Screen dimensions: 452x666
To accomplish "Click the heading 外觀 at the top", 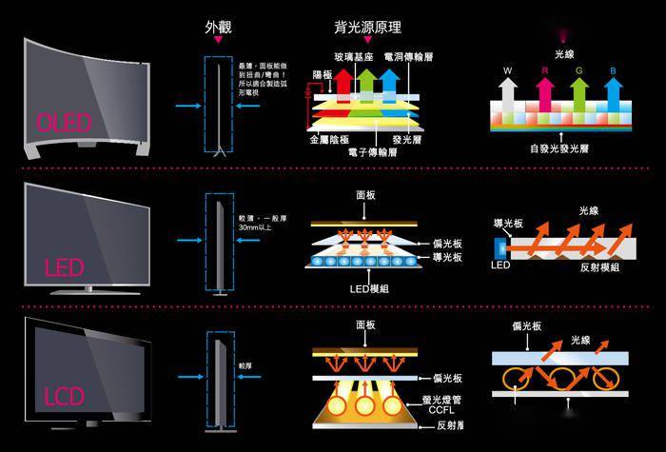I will pos(218,28).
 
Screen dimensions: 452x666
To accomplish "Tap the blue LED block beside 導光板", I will pos(501,245).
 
